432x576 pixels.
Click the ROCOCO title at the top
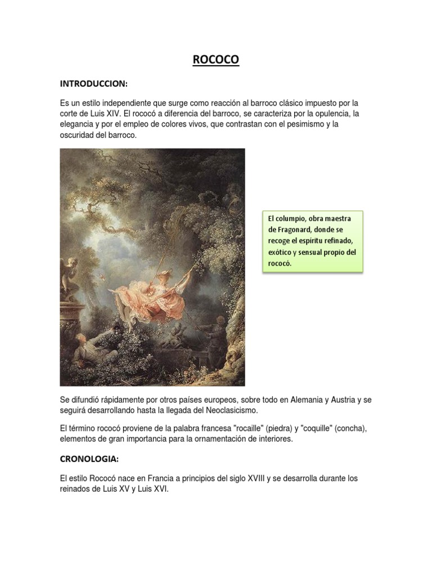216,60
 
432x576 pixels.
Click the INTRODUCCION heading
94,84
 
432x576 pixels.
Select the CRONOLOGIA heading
89,459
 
